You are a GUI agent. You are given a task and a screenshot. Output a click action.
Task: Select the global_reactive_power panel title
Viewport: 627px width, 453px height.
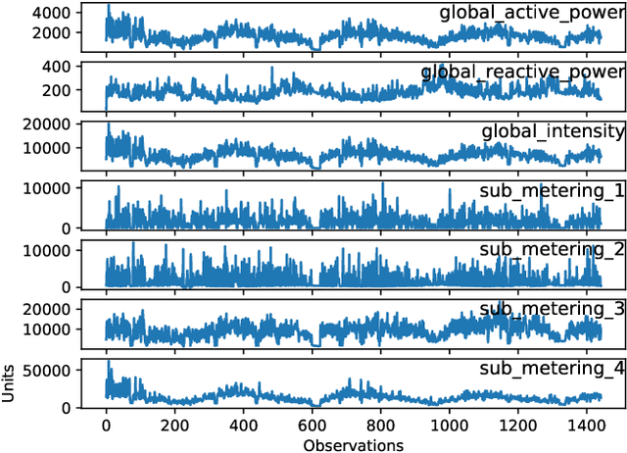pyautogui.click(x=523, y=72)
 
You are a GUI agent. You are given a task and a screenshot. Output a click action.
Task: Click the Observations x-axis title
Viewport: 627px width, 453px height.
pyautogui.click(x=353, y=443)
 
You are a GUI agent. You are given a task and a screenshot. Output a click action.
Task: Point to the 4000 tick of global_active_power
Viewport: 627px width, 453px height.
pyautogui.click(x=51, y=14)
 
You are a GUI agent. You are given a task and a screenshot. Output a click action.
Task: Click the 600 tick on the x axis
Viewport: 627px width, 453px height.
pyautogui.click(x=312, y=426)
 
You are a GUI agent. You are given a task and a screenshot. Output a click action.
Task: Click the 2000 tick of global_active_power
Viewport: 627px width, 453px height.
pyautogui.click(x=51, y=33)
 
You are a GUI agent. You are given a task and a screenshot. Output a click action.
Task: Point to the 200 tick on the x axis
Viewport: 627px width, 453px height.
pyautogui.click(x=174, y=426)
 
